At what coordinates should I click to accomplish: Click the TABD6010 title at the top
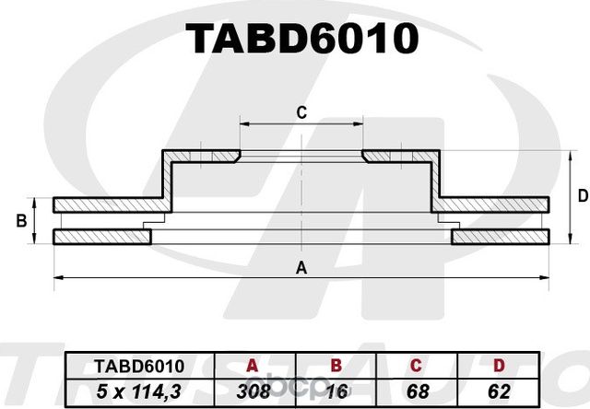tap(302, 39)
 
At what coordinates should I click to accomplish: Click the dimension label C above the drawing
tap(301, 112)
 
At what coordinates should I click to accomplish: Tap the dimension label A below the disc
tap(301, 268)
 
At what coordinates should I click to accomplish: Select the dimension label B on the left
tap(21, 221)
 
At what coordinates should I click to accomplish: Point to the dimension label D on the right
tap(583, 195)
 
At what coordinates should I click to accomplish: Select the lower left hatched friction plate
tap(101, 238)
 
